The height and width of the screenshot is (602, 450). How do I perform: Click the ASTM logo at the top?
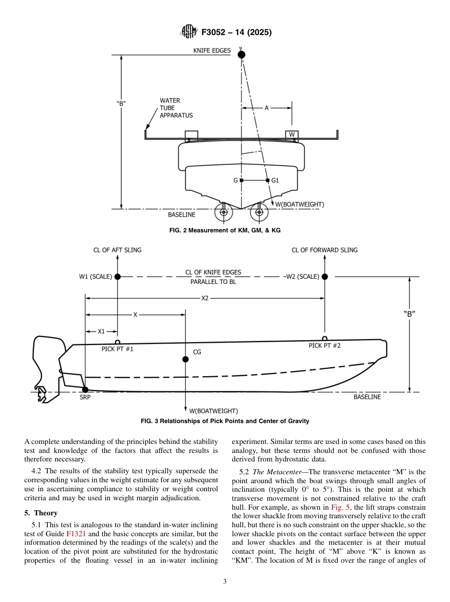[x=189, y=32]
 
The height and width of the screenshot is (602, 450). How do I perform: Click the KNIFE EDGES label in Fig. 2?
[x=212, y=51]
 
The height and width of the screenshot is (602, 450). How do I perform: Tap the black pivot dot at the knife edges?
[x=242, y=55]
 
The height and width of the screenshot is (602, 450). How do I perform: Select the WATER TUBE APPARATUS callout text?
[x=176, y=108]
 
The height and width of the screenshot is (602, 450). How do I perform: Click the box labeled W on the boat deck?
[x=292, y=134]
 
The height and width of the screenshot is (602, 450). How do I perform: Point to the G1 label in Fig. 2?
[x=275, y=180]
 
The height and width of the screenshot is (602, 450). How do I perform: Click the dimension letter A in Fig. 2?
[x=267, y=108]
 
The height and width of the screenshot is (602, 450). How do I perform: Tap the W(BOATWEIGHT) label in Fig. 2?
[x=299, y=204]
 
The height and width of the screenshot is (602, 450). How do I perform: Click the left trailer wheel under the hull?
[x=223, y=212]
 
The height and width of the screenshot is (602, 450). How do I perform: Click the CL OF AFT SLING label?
[x=117, y=250]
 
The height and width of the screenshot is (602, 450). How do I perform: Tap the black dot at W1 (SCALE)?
[x=117, y=277]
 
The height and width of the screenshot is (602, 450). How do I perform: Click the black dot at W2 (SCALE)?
[x=324, y=277]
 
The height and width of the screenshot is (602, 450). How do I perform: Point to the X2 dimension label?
[x=205, y=298]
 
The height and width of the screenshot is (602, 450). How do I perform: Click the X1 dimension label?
[x=101, y=331]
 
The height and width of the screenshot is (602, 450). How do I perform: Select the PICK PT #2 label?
[x=324, y=345]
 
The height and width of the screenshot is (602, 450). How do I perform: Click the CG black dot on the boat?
[x=186, y=359]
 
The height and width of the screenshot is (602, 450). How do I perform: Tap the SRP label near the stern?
[x=85, y=398]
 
